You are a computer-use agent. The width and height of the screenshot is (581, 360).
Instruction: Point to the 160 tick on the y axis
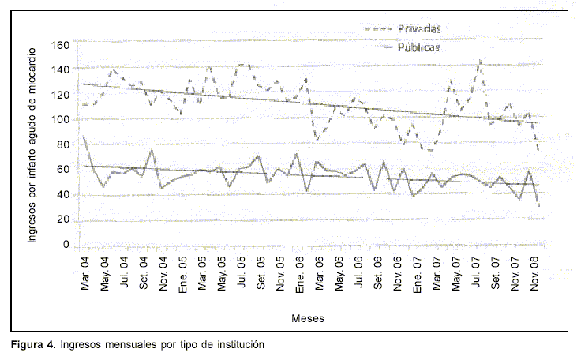[x=60, y=44]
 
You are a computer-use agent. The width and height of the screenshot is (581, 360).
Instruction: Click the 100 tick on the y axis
[x=60, y=119]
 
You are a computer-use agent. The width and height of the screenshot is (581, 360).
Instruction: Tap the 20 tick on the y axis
[x=63, y=219]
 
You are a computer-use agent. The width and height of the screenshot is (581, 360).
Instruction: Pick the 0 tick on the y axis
[x=66, y=245]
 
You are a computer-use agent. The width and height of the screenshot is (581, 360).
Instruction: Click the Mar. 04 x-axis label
[x=87, y=270]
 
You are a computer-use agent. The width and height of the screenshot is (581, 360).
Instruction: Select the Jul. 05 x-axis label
[x=241, y=270]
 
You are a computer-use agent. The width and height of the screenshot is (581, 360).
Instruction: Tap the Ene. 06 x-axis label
[x=298, y=270]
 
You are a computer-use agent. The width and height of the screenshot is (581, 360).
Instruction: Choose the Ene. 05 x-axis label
[x=183, y=270]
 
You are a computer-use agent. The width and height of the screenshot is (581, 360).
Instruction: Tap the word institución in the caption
[x=234, y=345]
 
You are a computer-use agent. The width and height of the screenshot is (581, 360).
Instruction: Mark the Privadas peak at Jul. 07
[x=480, y=60]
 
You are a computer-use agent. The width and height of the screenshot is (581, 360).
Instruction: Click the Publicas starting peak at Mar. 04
[x=84, y=136]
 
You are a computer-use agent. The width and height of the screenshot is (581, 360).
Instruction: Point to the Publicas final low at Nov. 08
[x=538, y=206]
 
